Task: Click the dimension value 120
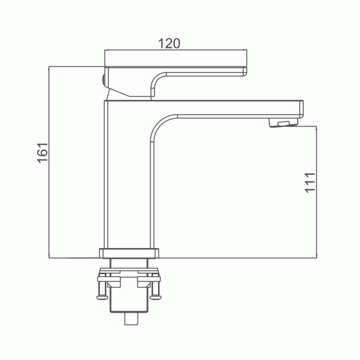pyautogui.click(x=169, y=43)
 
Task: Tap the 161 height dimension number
pyautogui.click(x=42, y=153)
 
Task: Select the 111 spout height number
pyautogui.click(x=310, y=183)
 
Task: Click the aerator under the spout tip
pyautogui.click(x=283, y=122)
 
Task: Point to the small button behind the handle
pyautogui.click(x=103, y=81)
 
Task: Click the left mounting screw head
pyautogui.click(x=103, y=297)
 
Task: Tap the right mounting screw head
pyautogui.click(x=155, y=297)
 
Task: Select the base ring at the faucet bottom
pyautogui.click(x=129, y=253)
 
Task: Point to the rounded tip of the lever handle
pyautogui.click(x=245, y=72)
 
